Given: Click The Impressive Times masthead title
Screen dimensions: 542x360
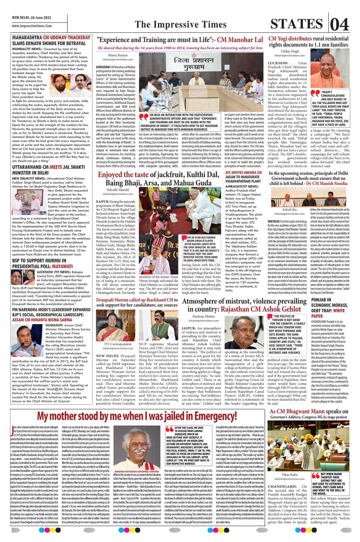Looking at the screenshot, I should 180,24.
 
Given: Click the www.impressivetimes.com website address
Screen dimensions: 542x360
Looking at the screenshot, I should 32,26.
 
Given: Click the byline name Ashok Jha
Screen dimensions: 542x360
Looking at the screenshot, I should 289,209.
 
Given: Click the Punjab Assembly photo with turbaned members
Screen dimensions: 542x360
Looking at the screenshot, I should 308,444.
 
